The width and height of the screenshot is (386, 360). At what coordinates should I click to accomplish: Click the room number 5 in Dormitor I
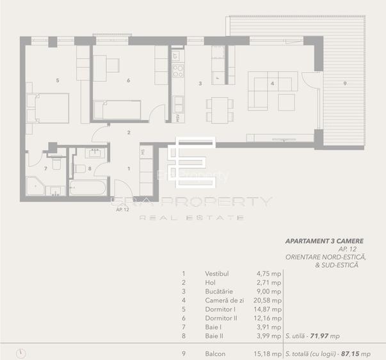coord(58,81)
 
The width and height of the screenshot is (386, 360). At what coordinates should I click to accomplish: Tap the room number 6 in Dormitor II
coord(129,81)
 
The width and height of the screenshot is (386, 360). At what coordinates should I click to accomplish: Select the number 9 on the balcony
coord(345,83)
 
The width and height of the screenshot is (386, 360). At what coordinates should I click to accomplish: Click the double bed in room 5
coord(47,107)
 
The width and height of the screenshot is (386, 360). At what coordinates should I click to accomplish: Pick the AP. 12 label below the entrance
coord(123,209)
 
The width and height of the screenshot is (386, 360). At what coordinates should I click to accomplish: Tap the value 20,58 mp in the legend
coord(268,299)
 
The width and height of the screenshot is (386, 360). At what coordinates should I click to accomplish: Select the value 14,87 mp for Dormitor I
coord(268,308)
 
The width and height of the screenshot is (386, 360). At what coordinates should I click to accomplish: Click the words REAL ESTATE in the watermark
coord(192,218)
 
